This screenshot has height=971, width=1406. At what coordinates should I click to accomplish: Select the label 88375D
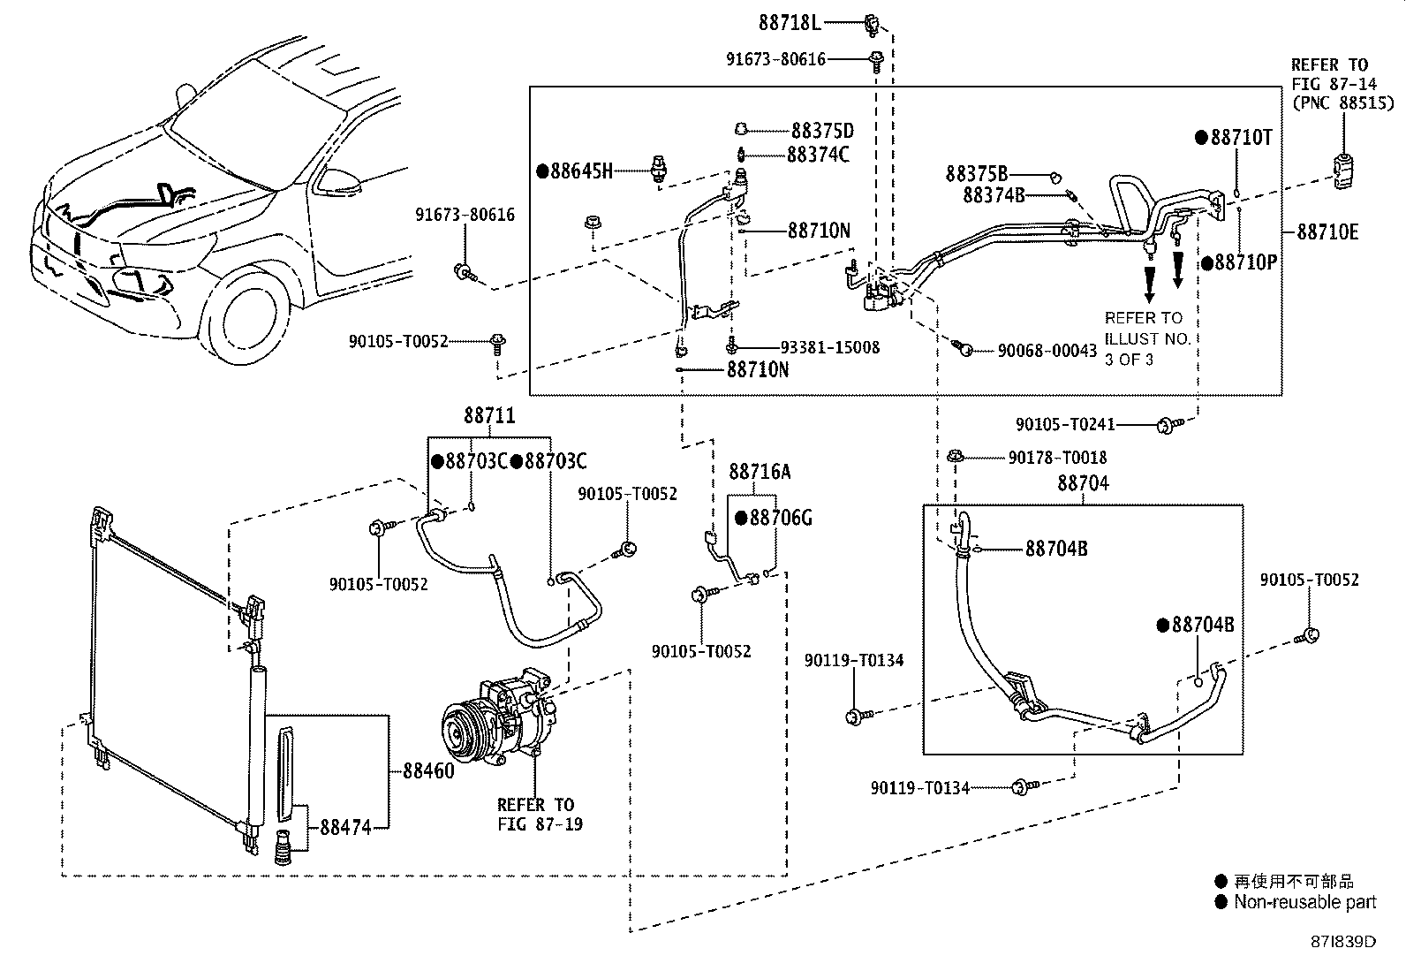(822, 131)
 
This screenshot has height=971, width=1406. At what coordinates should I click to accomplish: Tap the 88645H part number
(581, 171)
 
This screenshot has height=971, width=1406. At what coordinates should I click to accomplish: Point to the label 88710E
(1327, 232)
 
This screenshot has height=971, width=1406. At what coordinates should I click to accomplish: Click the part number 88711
(489, 415)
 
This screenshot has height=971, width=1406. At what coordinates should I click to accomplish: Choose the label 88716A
(760, 472)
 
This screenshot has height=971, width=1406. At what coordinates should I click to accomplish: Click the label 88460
(428, 770)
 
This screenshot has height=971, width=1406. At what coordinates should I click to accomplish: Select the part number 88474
(346, 827)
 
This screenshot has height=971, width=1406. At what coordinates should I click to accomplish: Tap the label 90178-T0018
(1058, 458)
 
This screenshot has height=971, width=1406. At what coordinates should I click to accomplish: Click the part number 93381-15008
(830, 347)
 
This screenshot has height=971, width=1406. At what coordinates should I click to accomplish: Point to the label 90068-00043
(1047, 351)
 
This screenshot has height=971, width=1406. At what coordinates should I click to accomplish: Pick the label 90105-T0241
(1065, 425)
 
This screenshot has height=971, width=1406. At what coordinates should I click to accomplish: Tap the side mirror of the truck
(339, 181)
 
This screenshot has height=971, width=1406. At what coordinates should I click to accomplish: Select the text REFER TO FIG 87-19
(540, 814)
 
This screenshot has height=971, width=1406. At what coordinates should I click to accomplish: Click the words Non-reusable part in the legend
(1305, 902)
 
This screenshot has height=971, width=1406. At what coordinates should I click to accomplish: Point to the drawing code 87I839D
(1342, 942)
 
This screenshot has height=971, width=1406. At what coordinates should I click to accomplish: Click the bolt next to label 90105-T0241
(1169, 425)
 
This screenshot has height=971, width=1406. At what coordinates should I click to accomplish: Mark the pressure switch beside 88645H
(659, 169)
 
